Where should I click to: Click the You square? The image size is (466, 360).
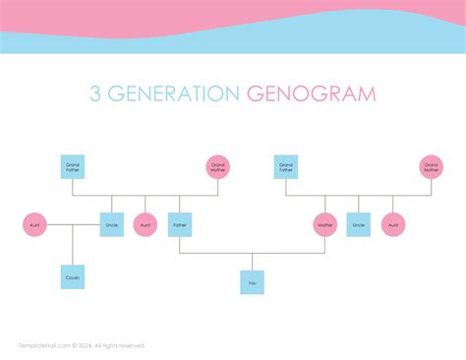tap(252, 282)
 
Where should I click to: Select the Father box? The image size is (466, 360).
tap(179, 225)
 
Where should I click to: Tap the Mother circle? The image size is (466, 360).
tap(325, 225)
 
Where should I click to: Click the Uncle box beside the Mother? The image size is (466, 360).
tap(359, 225)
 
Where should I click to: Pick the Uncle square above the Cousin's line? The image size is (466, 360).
tap(111, 225)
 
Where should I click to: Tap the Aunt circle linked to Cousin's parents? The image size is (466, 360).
tap(34, 225)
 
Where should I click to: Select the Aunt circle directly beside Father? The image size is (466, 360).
tap(146, 225)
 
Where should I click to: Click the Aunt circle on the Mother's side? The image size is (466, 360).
tap(393, 225)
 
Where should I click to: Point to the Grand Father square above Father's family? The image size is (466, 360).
tap(72, 167)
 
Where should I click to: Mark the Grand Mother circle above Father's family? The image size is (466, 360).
tap(218, 167)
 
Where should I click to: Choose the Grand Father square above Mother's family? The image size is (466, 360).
tap(286, 167)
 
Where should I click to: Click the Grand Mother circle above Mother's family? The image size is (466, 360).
tap(431, 167)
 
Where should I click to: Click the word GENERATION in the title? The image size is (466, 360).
tap(177, 94)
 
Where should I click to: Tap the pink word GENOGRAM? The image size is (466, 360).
tap(312, 94)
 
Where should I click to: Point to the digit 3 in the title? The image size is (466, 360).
tap(95, 94)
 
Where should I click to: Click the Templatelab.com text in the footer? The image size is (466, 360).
tap(40, 345)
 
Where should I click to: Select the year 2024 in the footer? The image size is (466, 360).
tap(82, 345)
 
